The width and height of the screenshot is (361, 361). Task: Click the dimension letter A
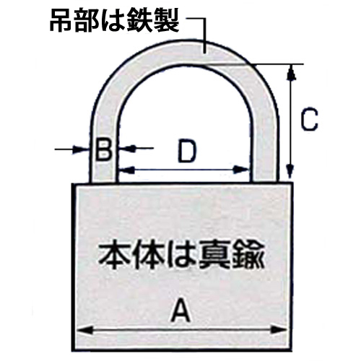click(180, 310)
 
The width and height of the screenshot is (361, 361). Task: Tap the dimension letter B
click(104, 149)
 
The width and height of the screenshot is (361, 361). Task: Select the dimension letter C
click(310, 120)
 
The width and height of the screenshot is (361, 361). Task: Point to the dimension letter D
click(187, 151)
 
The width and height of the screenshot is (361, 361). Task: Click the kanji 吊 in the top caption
click(61, 22)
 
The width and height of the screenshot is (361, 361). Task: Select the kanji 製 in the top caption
click(167, 21)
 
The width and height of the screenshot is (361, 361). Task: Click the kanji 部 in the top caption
click(86, 22)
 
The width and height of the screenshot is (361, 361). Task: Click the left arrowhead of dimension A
click(84, 330)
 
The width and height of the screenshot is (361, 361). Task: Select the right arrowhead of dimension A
click(279, 330)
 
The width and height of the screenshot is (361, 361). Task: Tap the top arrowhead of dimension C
click(291, 72)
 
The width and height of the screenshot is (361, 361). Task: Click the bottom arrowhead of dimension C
click(291, 170)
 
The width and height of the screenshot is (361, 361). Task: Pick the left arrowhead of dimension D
click(126, 170)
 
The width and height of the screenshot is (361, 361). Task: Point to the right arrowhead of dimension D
click(241, 170)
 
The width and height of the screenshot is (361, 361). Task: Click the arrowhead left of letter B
click(81, 149)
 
